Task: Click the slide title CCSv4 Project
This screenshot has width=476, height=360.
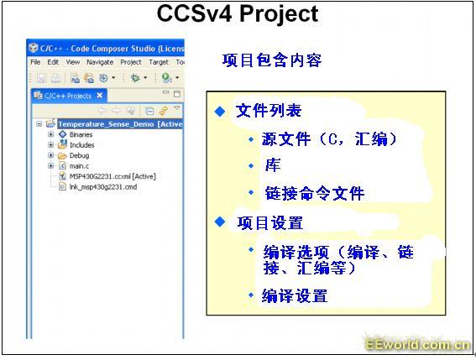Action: click(x=238, y=14)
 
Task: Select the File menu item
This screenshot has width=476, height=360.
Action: click(x=35, y=62)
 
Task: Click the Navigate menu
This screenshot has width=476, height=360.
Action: click(x=100, y=62)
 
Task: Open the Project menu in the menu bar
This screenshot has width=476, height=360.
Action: click(x=131, y=62)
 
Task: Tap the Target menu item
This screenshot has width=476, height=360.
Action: click(x=159, y=62)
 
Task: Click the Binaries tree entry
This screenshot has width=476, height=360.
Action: click(x=81, y=134)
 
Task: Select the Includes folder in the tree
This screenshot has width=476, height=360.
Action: click(x=81, y=145)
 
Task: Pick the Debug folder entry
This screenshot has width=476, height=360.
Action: click(x=79, y=156)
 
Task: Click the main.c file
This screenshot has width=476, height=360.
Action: click(x=79, y=166)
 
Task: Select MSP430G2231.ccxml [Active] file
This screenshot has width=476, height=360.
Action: click(x=112, y=176)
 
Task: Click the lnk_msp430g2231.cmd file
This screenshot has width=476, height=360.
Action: click(x=103, y=186)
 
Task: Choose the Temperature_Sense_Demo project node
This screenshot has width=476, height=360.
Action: click(x=120, y=124)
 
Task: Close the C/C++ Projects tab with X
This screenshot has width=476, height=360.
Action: click(x=100, y=96)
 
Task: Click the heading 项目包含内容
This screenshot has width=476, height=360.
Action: click(x=272, y=60)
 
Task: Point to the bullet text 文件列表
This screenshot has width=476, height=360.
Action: click(x=269, y=111)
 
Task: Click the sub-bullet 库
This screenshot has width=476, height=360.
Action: click(x=273, y=165)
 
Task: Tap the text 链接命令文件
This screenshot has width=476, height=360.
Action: click(x=315, y=193)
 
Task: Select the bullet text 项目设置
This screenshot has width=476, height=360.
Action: click(x=269, y=223)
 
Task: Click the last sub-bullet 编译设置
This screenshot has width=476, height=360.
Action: click(x=295, y=295)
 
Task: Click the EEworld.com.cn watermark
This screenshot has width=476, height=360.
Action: click(x=418, y=345)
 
